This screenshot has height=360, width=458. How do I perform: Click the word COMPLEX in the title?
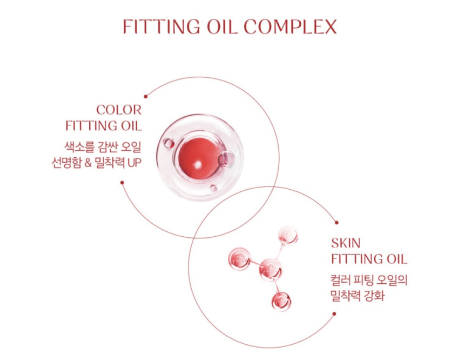point(290,26)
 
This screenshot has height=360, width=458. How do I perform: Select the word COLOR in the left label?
point(119,110)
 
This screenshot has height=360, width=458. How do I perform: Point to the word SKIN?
point(346,243)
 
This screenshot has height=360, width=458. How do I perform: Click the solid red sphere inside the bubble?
point(199,158)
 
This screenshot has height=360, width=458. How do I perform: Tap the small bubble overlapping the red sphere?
point(227,159)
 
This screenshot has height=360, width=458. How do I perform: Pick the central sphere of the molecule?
point(271,269)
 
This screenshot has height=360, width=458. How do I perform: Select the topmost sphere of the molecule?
point(288,236)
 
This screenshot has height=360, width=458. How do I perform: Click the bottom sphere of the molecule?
point(281,301)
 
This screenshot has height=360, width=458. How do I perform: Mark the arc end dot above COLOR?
point(146,97)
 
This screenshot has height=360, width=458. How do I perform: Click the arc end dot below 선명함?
point(122,183)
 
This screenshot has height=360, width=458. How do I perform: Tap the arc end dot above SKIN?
point(337,223)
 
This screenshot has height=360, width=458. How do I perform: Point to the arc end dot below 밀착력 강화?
point(334,314)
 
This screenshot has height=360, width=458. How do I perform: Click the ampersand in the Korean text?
point(88,163)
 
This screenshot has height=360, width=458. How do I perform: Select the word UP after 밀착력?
point(134,163)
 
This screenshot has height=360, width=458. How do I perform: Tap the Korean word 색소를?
point(79,147)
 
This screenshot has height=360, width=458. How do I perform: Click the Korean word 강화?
point(374,296)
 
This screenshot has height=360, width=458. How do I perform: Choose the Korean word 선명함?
point(66,163)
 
